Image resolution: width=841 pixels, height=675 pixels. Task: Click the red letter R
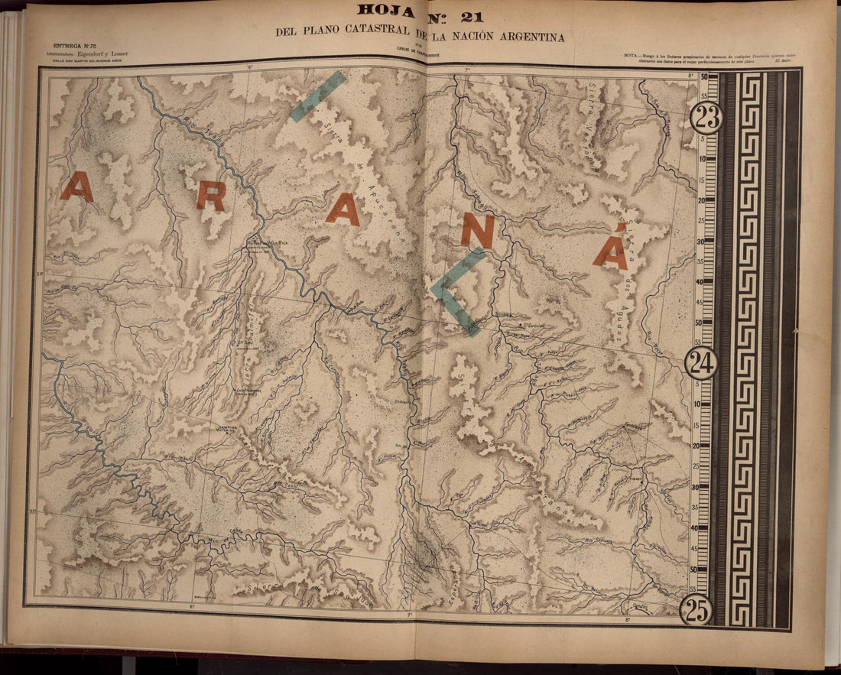point(211,196)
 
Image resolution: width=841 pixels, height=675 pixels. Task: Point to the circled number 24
point(700,362)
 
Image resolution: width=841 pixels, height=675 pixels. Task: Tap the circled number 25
point(697,610)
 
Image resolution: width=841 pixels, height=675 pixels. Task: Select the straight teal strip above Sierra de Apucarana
point(317,96)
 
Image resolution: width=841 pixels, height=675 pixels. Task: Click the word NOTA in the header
point(632,56)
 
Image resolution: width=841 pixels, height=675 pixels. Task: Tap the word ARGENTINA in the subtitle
point(527,37)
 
